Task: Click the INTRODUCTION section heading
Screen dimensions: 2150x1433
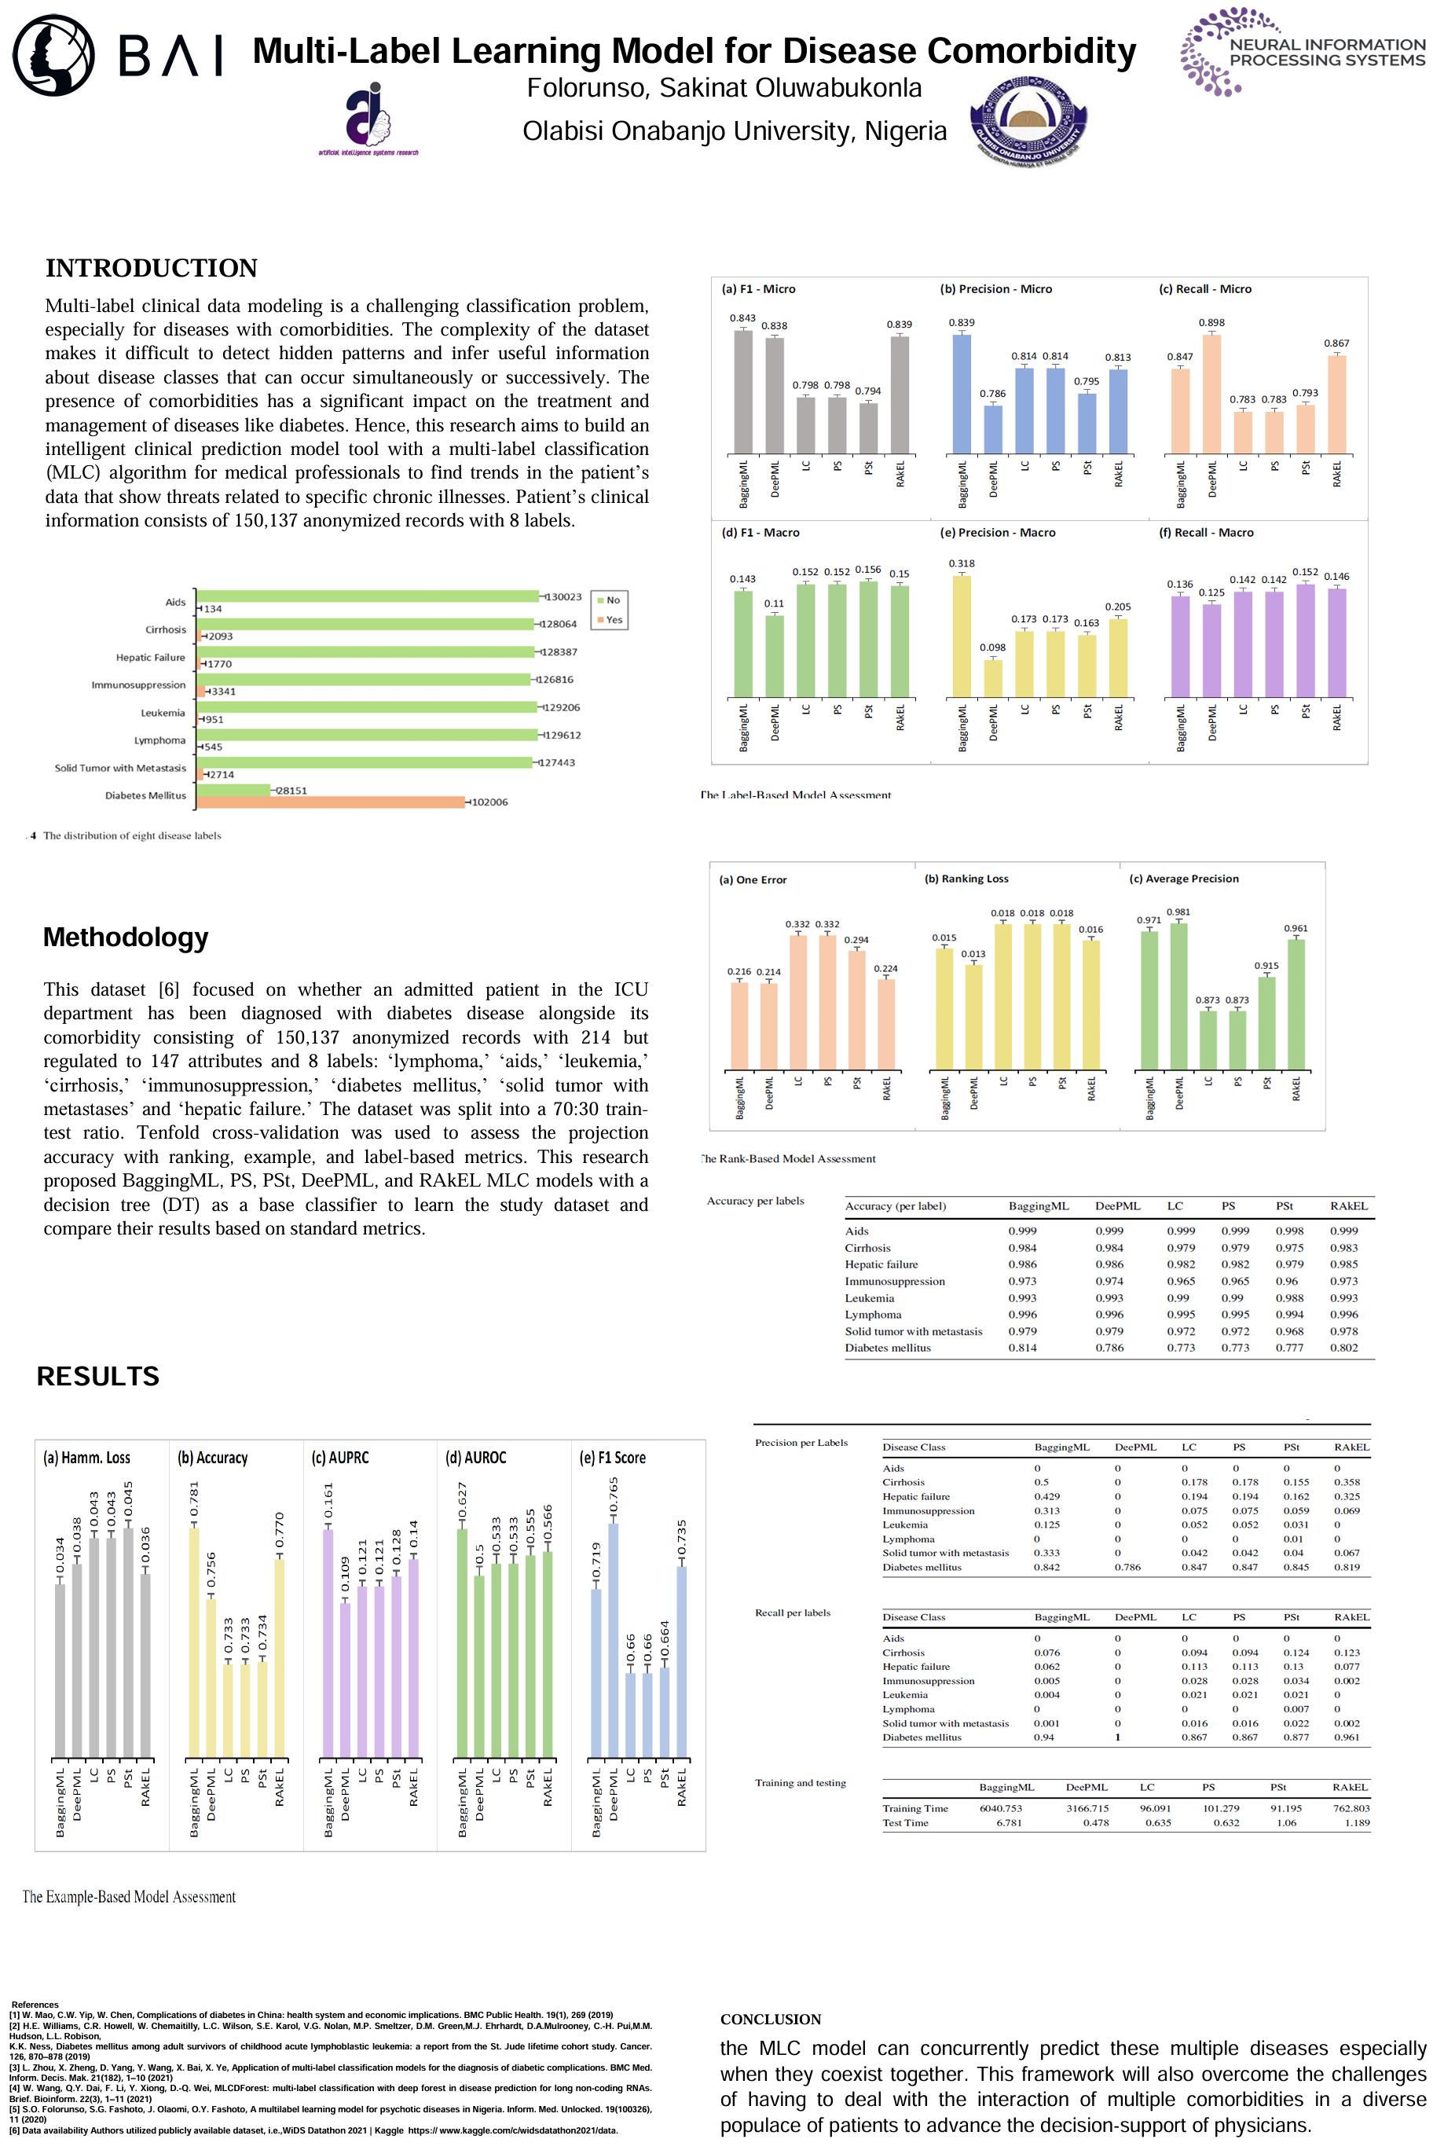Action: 152,268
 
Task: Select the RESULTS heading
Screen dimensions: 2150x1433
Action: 97,1376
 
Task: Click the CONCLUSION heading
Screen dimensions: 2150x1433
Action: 771,2020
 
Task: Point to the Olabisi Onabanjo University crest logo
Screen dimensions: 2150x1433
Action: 1028,123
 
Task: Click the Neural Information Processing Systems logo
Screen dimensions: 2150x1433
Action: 1303,52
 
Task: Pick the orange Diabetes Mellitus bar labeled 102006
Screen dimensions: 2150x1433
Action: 331,802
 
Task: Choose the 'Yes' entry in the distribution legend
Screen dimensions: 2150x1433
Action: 610,620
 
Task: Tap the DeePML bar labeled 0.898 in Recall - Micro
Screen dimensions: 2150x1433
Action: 1211,393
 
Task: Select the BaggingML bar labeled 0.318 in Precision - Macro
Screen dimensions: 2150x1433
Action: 962,635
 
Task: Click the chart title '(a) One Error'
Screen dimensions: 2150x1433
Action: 752,879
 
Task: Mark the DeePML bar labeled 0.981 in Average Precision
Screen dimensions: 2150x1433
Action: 1179,995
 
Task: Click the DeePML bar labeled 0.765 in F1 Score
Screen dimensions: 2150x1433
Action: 614,1640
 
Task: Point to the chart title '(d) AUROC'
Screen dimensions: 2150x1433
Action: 475,1457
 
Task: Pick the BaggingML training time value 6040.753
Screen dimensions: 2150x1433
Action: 1001,1808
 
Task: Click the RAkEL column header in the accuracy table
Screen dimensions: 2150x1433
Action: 1348,1205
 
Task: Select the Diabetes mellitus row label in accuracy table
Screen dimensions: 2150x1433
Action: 888,1348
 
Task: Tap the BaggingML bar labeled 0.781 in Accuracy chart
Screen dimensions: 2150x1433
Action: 194,1642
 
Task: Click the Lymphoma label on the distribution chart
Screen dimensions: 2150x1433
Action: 160,740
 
